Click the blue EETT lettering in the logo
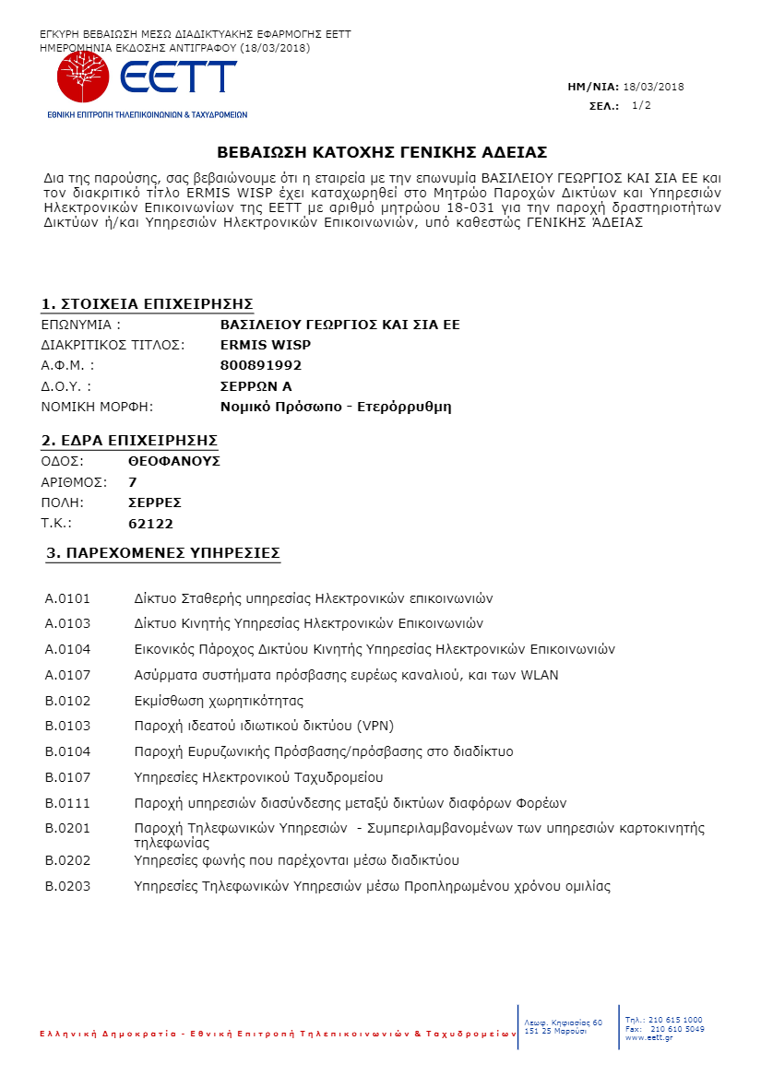178,76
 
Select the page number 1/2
641,106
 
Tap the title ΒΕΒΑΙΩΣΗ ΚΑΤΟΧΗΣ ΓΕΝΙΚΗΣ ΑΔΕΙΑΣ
382,151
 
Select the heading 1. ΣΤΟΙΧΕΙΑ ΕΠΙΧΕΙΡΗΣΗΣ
148,304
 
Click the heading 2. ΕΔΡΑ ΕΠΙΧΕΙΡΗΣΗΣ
129,439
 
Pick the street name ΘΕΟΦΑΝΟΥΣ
174,461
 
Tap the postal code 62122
150,524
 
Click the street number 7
133,482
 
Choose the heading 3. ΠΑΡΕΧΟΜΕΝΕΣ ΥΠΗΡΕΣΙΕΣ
163,553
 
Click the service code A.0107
68,675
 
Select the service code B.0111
68,802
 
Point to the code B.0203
68,887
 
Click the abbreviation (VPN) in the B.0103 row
348,726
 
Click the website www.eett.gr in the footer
648,1037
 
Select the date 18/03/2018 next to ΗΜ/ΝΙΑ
654,87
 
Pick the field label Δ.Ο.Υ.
66,386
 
